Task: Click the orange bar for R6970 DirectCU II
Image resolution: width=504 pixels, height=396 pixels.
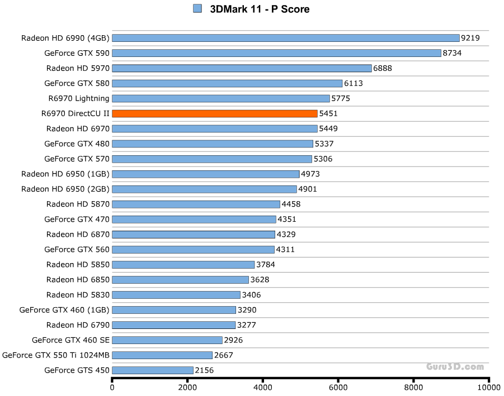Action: click(215, 113)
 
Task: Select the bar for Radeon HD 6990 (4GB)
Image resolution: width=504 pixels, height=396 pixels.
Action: click(285, 38)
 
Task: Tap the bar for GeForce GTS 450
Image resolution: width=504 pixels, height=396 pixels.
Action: click(153, 370)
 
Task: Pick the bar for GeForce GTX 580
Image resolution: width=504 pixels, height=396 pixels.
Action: click(227, 83)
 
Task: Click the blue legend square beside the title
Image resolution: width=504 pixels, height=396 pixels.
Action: click(197, 8)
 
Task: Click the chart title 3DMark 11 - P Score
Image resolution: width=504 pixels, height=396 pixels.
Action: click(260, 9)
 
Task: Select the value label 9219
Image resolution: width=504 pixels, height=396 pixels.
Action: click(470, 38)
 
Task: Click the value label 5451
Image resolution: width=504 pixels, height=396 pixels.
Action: click(328, 113)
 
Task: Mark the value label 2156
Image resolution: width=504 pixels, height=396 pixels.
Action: click(204, 370)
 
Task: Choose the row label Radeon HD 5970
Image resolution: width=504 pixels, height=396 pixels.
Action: click(78, 68)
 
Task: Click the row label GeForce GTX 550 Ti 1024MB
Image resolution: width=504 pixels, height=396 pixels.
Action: click(56, 355)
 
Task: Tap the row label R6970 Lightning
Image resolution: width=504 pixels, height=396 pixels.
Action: click(79, 98)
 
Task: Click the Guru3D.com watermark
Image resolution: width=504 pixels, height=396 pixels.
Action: click(455, 367)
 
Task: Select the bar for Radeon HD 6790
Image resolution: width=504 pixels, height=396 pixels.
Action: click(173, 325)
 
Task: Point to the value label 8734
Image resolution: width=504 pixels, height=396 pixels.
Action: click(452, 53)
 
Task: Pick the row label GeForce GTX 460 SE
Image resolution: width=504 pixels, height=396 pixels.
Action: click(70, 340)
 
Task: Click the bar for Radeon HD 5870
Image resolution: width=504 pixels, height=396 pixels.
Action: click(196, 204)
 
